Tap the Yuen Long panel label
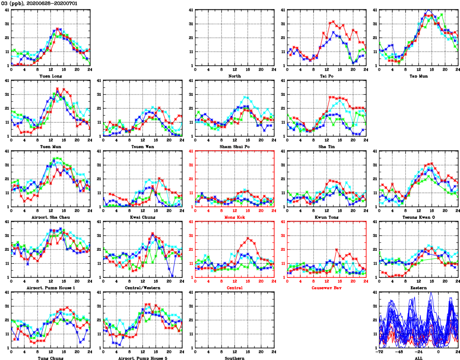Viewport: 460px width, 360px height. coord(50,76)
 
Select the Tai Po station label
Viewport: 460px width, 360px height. coord(327,76)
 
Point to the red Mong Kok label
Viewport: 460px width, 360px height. coord(235,217)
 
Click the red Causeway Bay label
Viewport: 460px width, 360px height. coord(327,288)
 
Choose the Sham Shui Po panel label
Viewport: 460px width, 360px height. coord(235,146)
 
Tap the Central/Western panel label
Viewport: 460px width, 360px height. coord(142,288)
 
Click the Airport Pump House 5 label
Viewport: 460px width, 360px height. coord(142,358)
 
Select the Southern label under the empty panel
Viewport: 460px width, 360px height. coord(235,358)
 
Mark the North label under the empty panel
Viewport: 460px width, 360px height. coord(235,76)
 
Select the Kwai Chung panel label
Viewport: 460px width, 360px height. coord(142,217)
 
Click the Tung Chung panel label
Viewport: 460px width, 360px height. coord(50,358)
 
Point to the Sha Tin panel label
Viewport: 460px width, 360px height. coord(327,146)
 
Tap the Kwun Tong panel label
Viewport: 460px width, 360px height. coord(327,217)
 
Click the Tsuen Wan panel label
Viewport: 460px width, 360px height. coord(142,146)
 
